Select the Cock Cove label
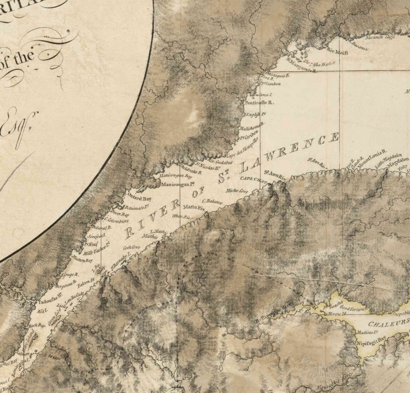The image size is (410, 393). pos(132,248)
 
